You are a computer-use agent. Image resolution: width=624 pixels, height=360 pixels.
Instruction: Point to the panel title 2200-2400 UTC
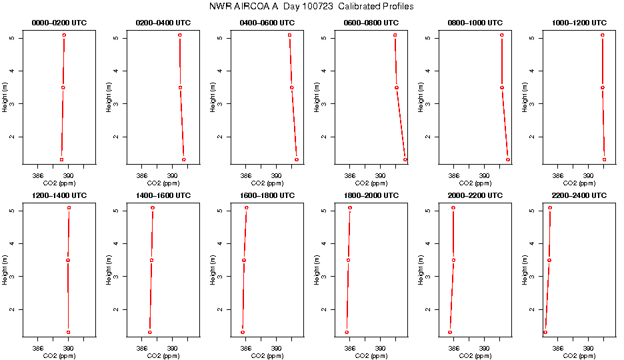[x=580, y=195]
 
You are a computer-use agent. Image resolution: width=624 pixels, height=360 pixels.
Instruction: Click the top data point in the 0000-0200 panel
[x=64, y=35]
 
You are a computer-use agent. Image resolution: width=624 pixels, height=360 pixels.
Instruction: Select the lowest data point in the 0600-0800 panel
[x=405, y=160]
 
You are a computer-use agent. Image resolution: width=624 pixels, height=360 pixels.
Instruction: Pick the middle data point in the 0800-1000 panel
[x=502, y=87]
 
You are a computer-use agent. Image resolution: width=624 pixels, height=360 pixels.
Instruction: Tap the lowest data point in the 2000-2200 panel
[x=450, y=332]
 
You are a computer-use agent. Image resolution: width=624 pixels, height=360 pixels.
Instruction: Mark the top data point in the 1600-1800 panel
[x=247, y=208]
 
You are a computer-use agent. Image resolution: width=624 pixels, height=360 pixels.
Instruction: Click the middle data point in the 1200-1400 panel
[x=68, y=260]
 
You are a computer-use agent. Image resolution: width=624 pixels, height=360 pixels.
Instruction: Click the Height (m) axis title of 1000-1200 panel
[x=525, y=97]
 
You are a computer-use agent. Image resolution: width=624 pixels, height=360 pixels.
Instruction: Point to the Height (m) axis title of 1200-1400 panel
[x=5, y=269]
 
